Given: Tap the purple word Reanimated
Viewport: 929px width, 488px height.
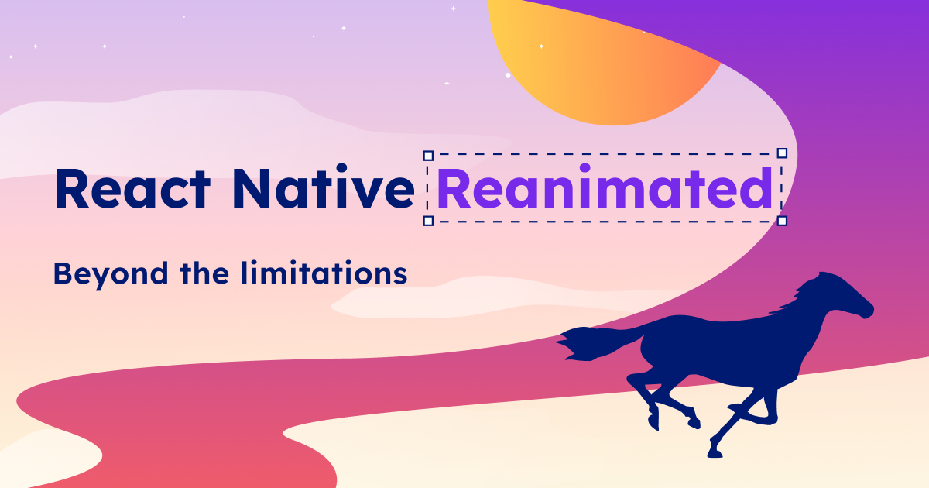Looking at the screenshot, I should coord(604,189).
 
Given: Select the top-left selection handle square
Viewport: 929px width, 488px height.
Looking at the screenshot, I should coord(428,155).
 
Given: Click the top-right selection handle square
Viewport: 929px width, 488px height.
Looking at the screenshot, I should coord(782,153).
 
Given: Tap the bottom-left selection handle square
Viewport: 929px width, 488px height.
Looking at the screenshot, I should coord(428,221).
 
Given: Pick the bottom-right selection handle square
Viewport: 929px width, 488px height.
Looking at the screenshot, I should coord(782,221).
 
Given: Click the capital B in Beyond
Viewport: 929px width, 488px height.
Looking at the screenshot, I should coord(62,273).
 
